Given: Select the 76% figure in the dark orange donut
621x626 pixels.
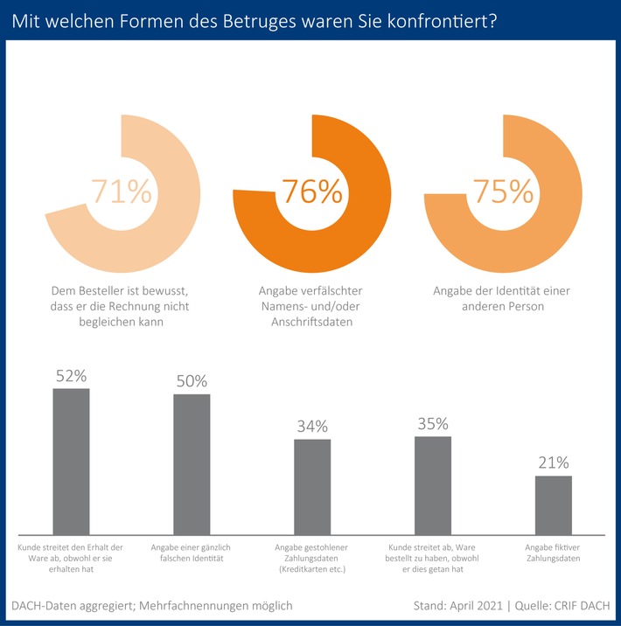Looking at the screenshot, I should tap(310, 191).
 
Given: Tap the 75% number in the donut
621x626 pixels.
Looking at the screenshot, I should tap(502, 191).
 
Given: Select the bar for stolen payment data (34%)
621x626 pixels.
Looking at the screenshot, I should tap(311, 487).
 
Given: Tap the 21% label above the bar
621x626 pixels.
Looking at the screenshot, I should tap(553, 463).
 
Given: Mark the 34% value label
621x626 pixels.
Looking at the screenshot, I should tap(311, 426).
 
